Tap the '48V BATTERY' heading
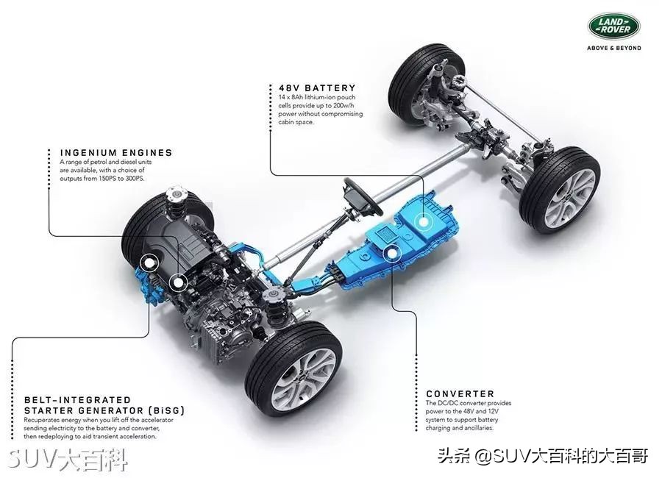pos(312,88)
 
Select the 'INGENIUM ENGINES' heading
pos(116,153)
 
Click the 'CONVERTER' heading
pos(460,394)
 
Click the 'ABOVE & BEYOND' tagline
pos(613,48)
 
